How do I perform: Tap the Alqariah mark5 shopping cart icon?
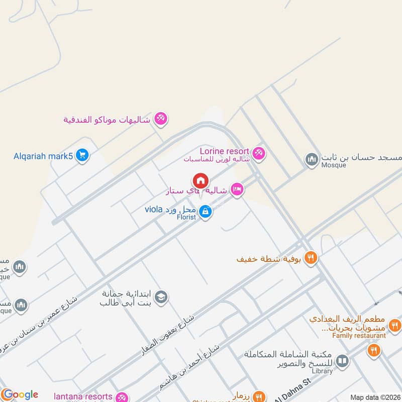82,156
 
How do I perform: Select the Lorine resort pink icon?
259,152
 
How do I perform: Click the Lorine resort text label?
224,151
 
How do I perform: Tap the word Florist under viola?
186,218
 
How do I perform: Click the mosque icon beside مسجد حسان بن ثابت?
312,160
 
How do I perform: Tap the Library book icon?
342,360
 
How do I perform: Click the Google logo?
20,394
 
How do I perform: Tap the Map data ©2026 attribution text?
375,397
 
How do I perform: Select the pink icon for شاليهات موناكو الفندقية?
161,119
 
